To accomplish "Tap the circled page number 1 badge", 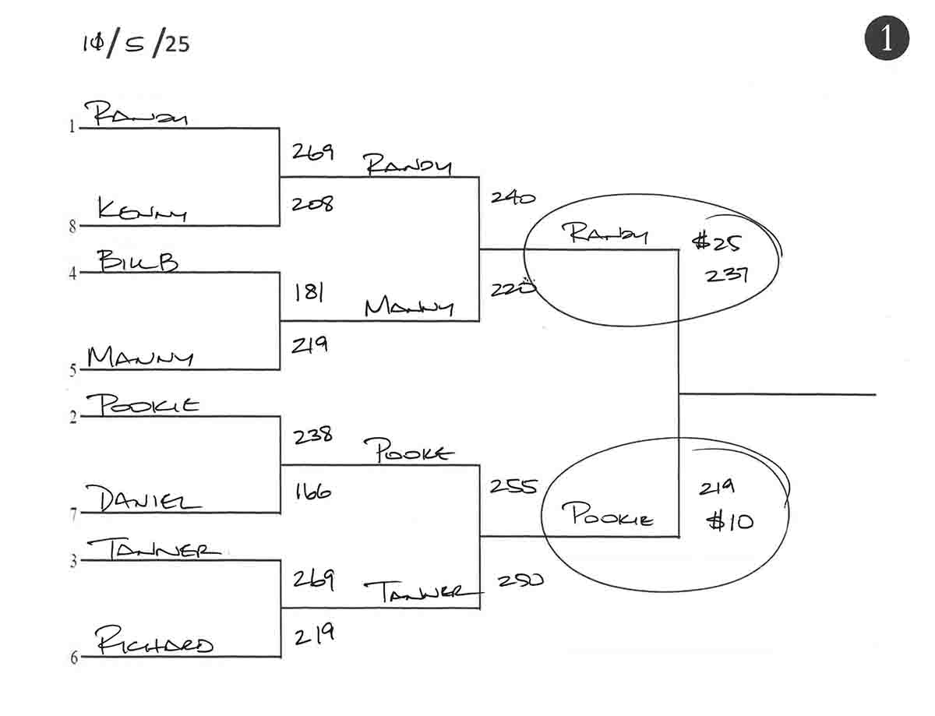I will pyautogui.click(x=887, y=38).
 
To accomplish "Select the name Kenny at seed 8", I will pyautogui.click(x=141, y=209).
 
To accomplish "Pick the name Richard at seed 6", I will pyautogui.click(x=153, y=644).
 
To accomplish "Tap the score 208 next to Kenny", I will pyautogui.click(x=312, y=204).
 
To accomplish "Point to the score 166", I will pyautogui.click(x=312, y=492).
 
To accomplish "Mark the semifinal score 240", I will pyautogui.click(x=513, y=198).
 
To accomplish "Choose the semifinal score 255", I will pyautogui.click(x=513, y=486).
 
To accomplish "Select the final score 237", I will pyautogui.click(x=726, y=275).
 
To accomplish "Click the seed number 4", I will pyautogui.click(x=72, y=274).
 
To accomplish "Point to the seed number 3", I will pyautogui.click(x=73, y=562).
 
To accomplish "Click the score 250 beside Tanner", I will pyautogui.click(x=520, y=580).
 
